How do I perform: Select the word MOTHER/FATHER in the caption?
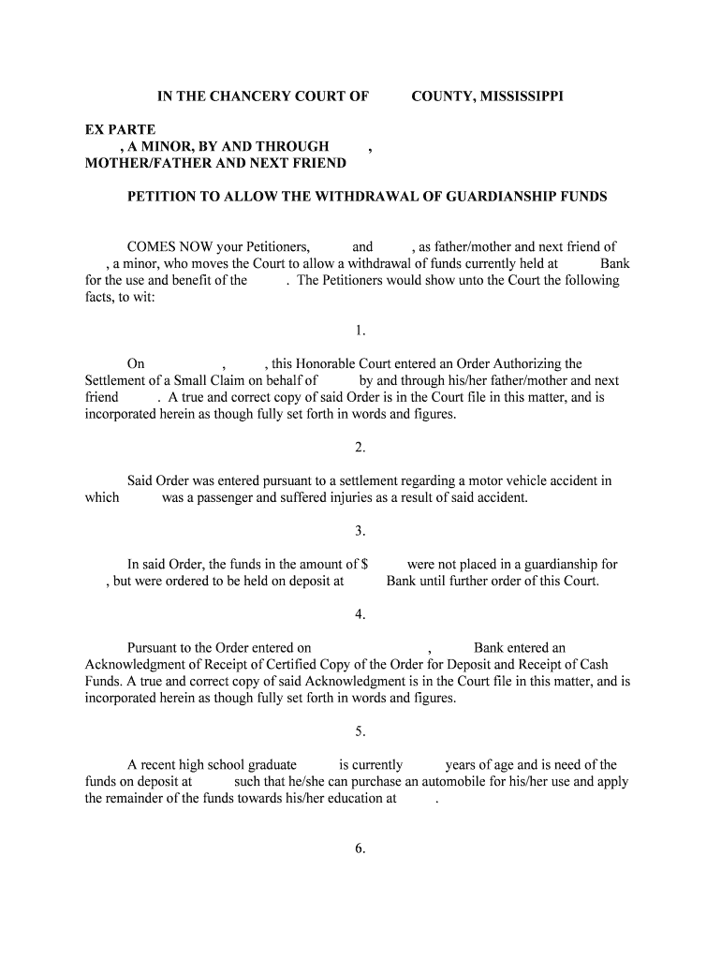click(148, 163)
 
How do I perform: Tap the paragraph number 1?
click(360, 331)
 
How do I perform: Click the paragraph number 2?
click(360, 448)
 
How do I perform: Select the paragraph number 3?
click(360, 531)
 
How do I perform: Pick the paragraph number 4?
click(360, 614)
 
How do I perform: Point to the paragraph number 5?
click(360, 731)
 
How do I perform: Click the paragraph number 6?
click(360, 848)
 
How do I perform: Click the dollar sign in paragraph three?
click(364, 565)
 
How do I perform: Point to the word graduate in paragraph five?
click(271, 764)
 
